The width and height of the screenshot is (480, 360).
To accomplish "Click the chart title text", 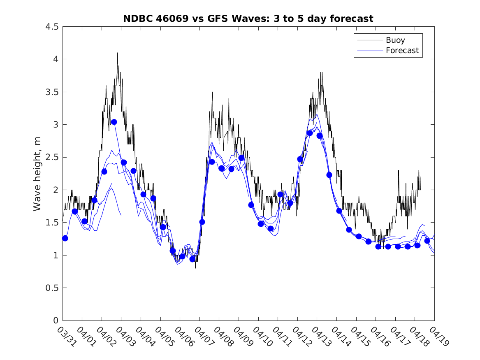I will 248,19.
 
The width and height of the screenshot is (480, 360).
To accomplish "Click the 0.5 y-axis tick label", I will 51,288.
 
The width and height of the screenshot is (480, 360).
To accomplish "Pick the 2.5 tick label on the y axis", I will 51,158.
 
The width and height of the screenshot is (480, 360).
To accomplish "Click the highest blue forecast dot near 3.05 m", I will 114,122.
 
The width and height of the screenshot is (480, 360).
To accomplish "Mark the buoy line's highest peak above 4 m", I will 117,53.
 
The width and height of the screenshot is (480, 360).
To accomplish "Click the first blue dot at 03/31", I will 65,238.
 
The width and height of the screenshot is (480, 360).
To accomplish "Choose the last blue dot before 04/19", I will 427,241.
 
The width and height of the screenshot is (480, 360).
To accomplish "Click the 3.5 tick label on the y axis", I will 51,92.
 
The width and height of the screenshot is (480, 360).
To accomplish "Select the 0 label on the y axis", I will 55,321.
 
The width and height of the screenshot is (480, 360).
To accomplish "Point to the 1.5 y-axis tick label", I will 51,223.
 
